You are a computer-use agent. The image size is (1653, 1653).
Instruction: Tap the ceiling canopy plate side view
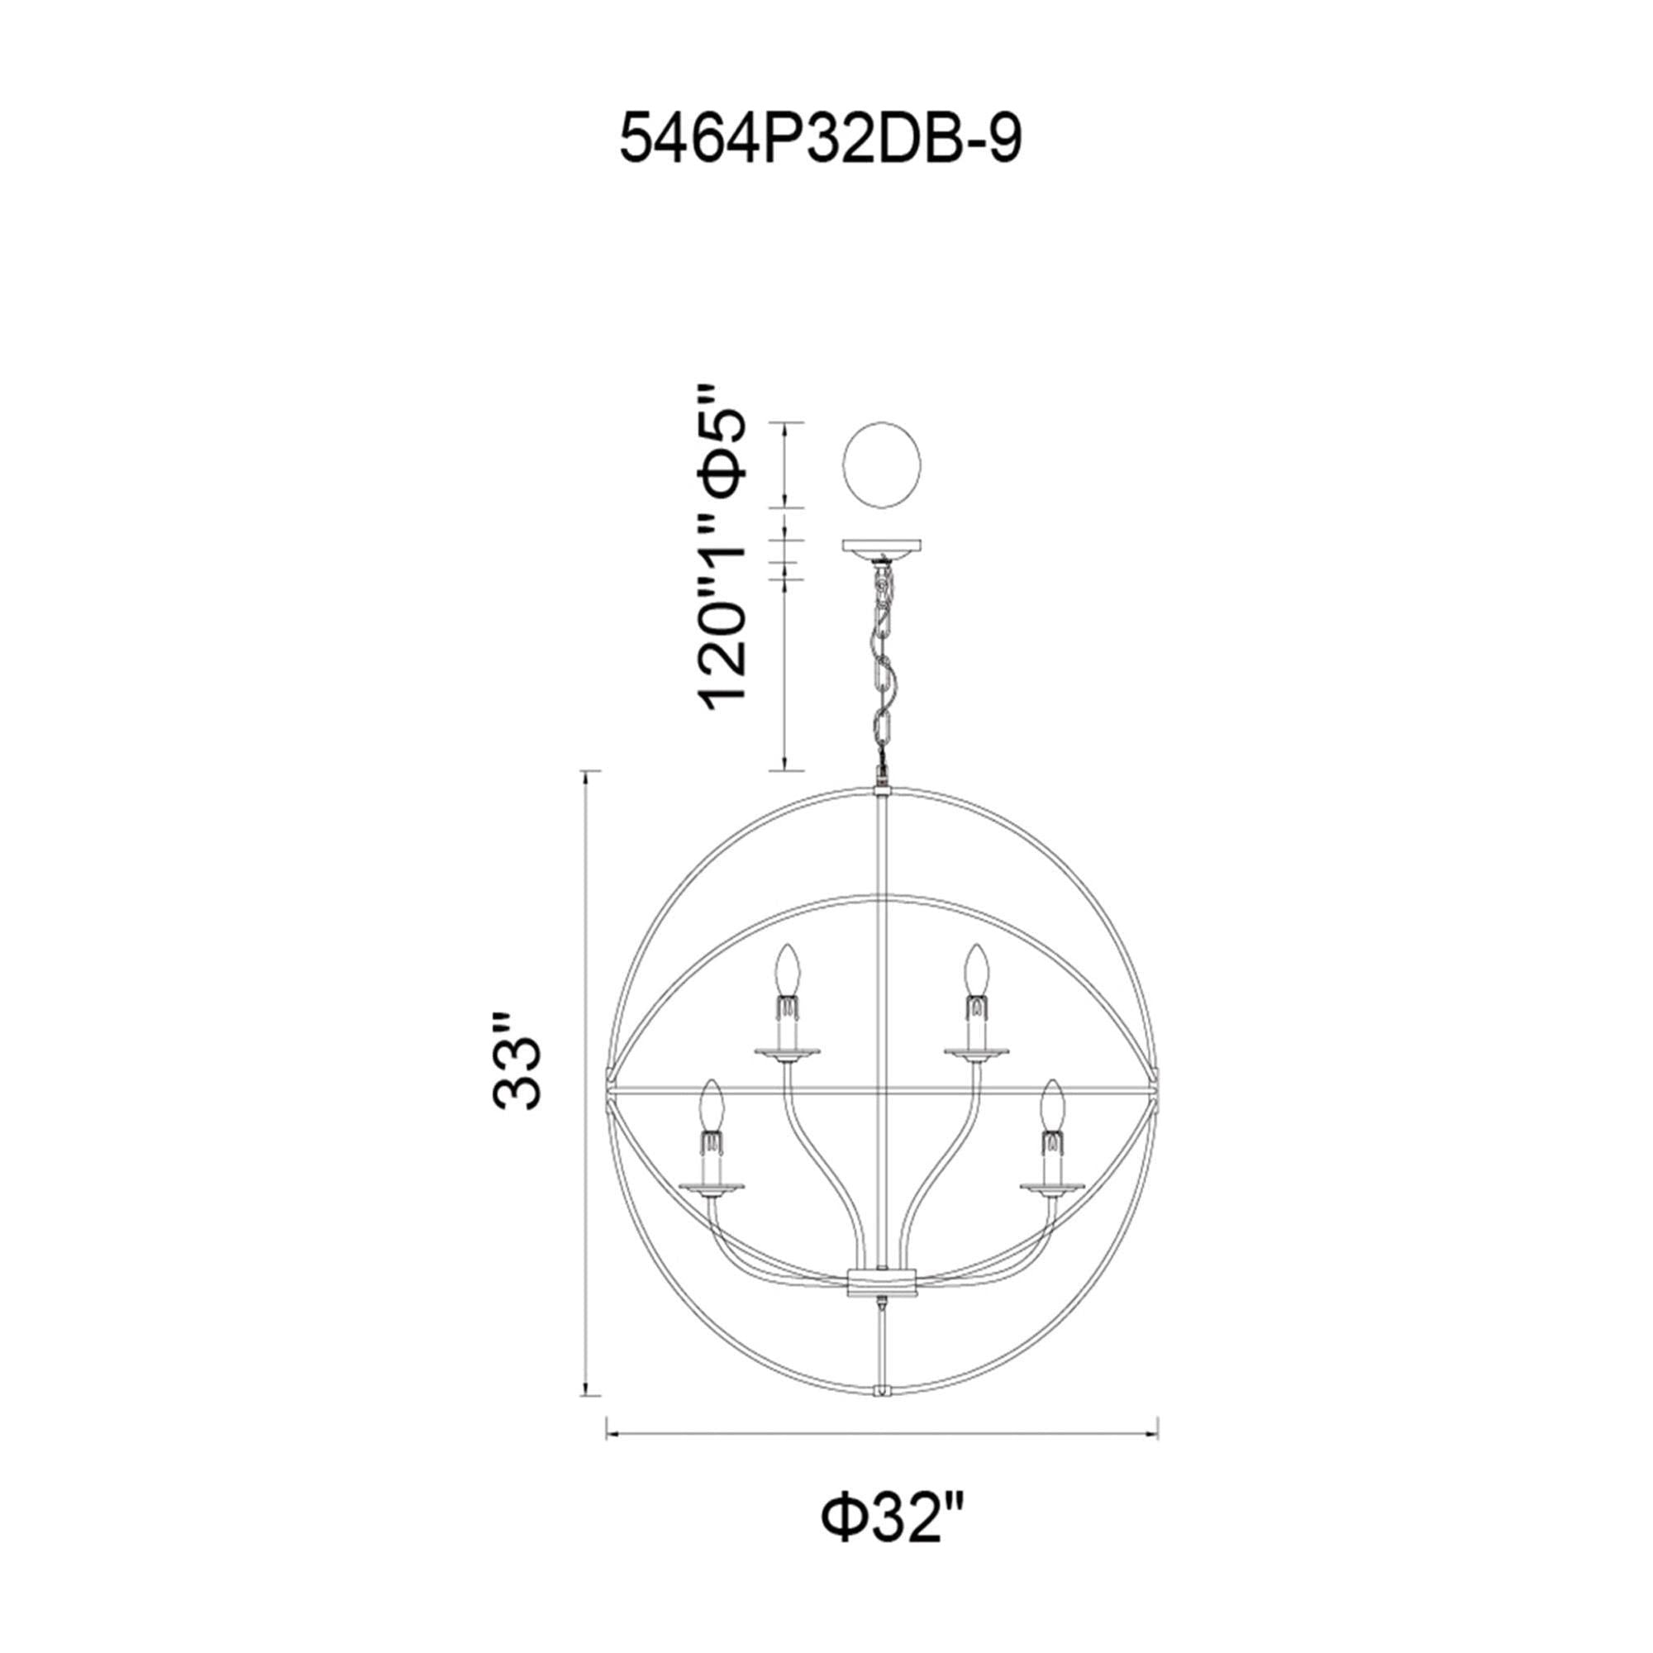pyautogui.click(x=882, y=545)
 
